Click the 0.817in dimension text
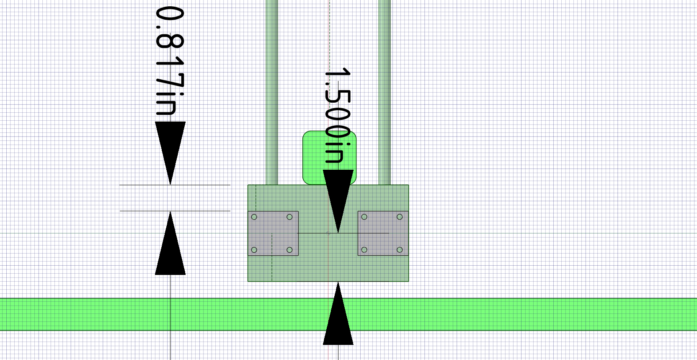coord(170,61)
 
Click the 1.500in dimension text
coord(338,115)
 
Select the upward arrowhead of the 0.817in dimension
coord(170,243)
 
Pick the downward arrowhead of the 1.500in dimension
coord(338,201)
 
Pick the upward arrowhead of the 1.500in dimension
coord(338,313)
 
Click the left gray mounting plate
coord(273,233)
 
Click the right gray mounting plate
coord(383,233)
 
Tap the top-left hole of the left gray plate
coord(254,217)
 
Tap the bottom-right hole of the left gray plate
coord(290,250)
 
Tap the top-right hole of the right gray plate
coord(400,217)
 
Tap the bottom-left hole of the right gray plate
coord(364,250)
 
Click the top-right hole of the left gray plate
coord(290,217)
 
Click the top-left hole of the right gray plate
coord(364,217)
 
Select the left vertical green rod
coord(272,92)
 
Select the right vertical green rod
coord(384,92)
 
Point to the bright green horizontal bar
coord(348,315)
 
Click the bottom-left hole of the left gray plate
coord(254,250)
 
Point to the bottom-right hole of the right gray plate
coord(400,250)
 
